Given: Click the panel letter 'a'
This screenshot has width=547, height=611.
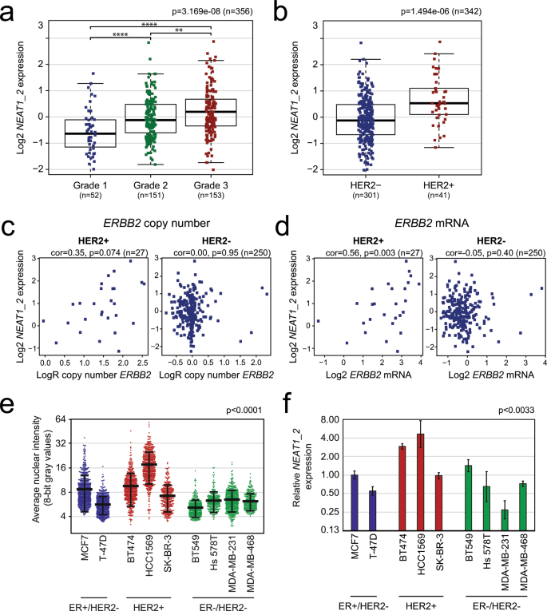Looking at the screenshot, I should pos(10,14).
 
